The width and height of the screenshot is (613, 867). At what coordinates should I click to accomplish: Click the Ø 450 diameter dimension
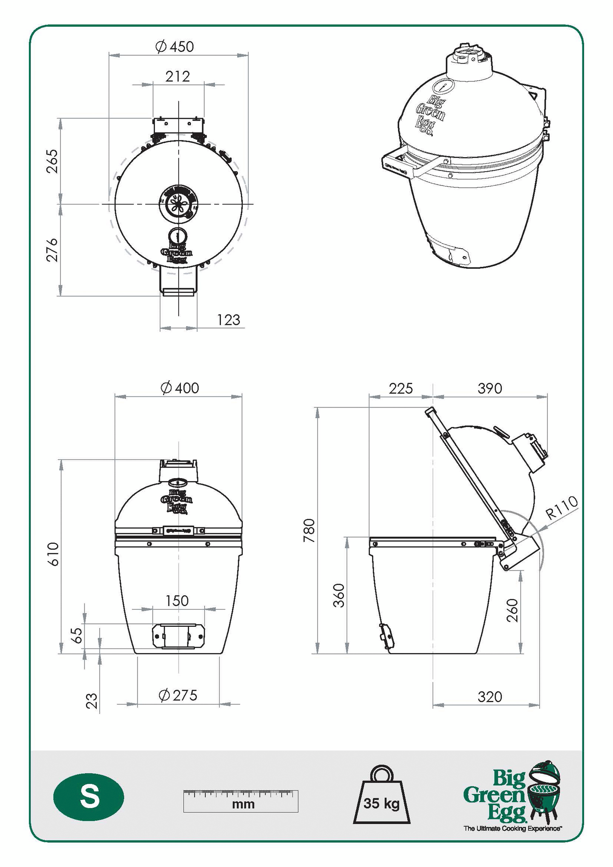click(x=175, y=46)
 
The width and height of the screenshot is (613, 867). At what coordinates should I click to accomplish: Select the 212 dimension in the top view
click(x=178, y=77)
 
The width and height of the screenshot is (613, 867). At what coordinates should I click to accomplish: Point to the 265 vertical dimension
click(x=52, y=161)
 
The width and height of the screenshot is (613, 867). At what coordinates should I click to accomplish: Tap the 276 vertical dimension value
click(x=52, y=250)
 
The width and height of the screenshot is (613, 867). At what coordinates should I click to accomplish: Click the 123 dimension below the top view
click(x=229, y=320)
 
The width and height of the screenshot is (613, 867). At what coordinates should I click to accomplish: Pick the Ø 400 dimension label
click(x=180, y=388)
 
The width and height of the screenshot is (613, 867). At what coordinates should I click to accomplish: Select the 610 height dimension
click(x=53, y=554)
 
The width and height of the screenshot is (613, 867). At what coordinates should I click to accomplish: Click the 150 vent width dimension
click(x=177, y=601)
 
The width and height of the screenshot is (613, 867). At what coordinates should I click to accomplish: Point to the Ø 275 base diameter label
click(x=178, y=695)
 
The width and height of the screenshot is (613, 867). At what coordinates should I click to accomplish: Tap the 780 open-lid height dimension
click(x=309, y=530)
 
